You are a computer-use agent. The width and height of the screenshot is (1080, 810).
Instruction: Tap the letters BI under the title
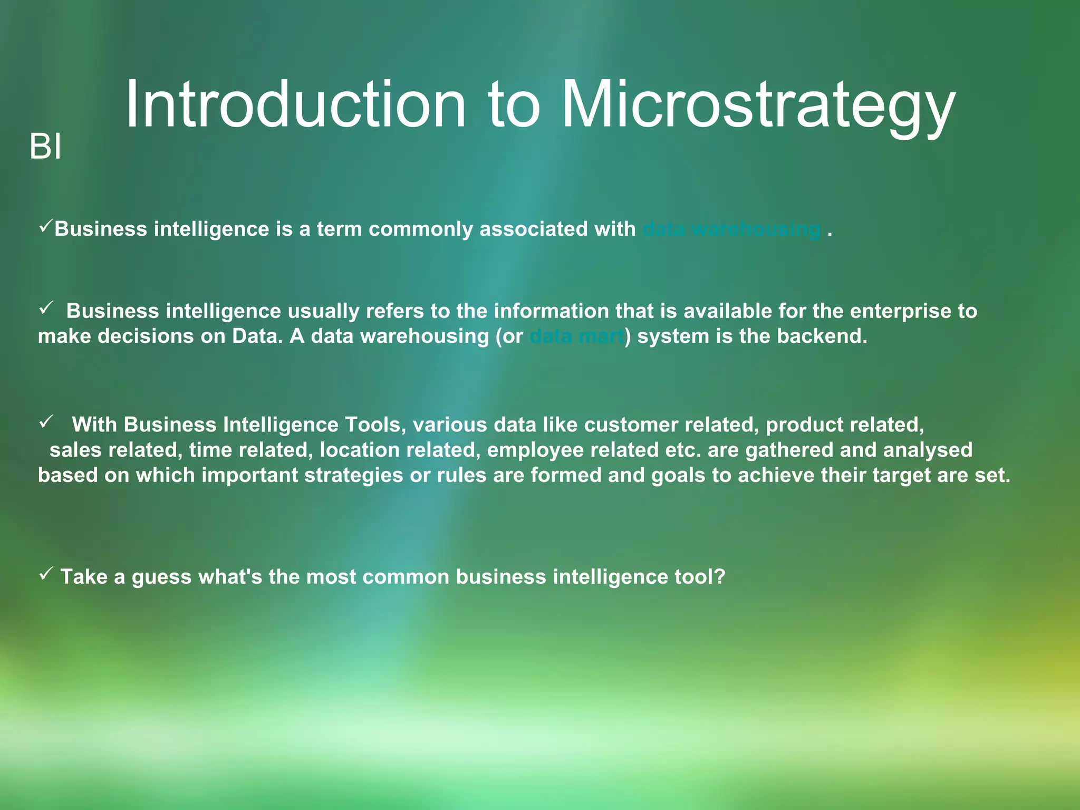[x=45, y=147]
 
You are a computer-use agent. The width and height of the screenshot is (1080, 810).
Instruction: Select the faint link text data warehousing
[x=731, y=229]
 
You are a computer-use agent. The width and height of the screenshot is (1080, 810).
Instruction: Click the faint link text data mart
[x=577, y=336]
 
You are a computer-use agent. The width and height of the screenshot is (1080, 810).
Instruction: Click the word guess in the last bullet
[x=161, y=577]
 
